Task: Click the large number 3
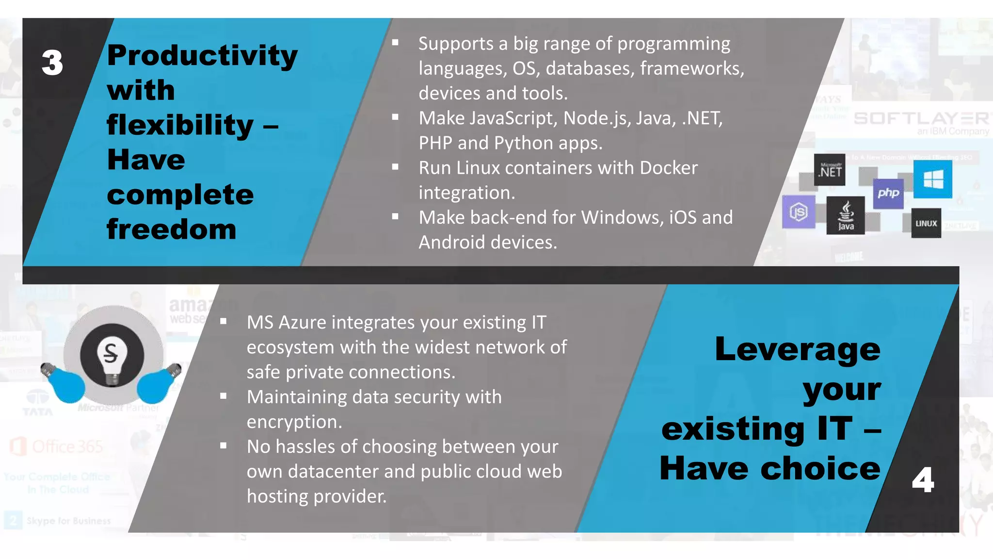click(x=52, y=63)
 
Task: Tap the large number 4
click(x=922, y=480)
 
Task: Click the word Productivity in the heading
click(x=202, y=55)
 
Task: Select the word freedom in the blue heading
click(x=172, y=229)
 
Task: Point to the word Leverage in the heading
click(x=798, y=349)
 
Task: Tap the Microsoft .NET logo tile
click(x=830, y=170)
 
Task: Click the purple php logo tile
click(x=888, y=193)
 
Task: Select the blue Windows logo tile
click(x=933, y=180)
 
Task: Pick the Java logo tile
click(x=846, y=215)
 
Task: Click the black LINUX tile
click(x=926, y=223)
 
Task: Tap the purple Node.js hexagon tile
click(x=798, y=212)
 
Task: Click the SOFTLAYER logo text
click(x=921, y=119)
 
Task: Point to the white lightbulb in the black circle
click(x=112, y=356)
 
